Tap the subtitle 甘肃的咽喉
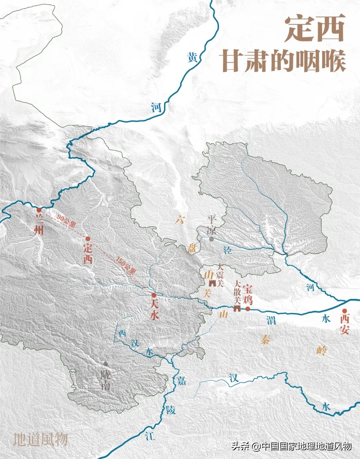tap(284, 61)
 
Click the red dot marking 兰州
tap(39, 210)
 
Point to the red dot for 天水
tap(154, 295)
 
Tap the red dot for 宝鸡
tap(248, 309)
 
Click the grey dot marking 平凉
tap(211, 239)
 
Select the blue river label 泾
tap(228, 250)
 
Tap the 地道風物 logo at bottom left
tap(40, 439)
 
